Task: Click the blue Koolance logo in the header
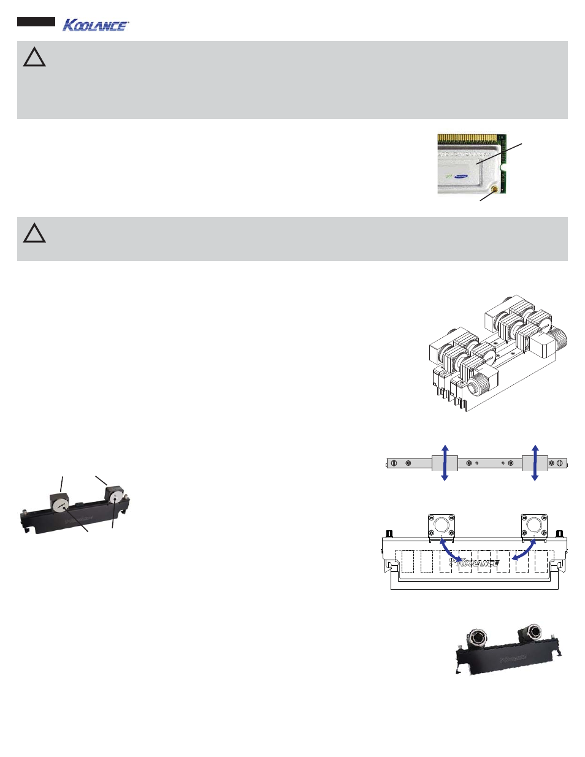tap(96, 25)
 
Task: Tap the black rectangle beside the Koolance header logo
tap(36, 22)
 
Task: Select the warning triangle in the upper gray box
tap(34, 58)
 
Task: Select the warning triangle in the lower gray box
tap(34, 234)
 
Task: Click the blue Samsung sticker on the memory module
tap(461, 177)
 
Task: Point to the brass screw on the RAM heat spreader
tap(494, 189)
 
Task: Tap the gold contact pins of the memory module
tap(469, 139)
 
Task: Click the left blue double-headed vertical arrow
tap(445, 463)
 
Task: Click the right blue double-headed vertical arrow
tap(535, 463)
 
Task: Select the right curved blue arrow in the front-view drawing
tap(525, 549)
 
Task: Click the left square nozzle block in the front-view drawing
tap(441, 526)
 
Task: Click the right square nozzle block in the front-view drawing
tap(533, 526)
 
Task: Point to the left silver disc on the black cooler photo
tap(60, 505)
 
